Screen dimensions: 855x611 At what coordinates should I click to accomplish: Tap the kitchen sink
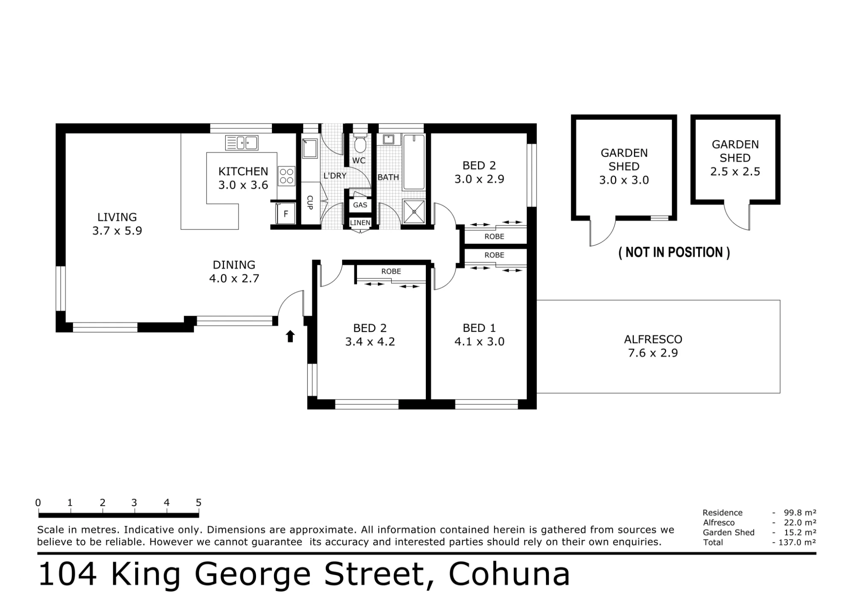tap(242, 142)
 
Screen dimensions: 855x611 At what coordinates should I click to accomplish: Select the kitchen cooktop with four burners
tap(287, 176)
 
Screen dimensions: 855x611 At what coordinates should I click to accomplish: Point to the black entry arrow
tap(290, 336)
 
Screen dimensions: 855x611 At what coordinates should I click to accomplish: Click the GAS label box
tap(360, 205)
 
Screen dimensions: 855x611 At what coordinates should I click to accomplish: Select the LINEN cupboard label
tap(360, 222)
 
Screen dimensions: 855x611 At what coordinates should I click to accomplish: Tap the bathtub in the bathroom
tap(414, 162)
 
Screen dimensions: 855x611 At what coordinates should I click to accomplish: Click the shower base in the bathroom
tap(414, 211)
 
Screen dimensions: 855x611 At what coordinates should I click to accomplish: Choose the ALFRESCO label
tap(653, 339)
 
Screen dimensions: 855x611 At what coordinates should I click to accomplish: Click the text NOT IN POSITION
tap(674, 252)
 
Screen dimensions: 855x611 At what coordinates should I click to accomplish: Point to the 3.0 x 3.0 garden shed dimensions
tap(624, 180)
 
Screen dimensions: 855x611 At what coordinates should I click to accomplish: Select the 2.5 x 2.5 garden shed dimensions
tap(735, 172)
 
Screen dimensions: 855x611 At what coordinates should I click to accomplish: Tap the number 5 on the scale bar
tap(198, 502)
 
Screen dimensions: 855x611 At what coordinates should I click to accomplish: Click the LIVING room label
tap(117, 217)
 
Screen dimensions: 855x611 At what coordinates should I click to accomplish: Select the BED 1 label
tap(479, 328)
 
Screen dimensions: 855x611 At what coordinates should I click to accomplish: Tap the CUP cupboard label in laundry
tap(310, 202)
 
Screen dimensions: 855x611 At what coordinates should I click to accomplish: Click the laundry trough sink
tap(310, 148)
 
